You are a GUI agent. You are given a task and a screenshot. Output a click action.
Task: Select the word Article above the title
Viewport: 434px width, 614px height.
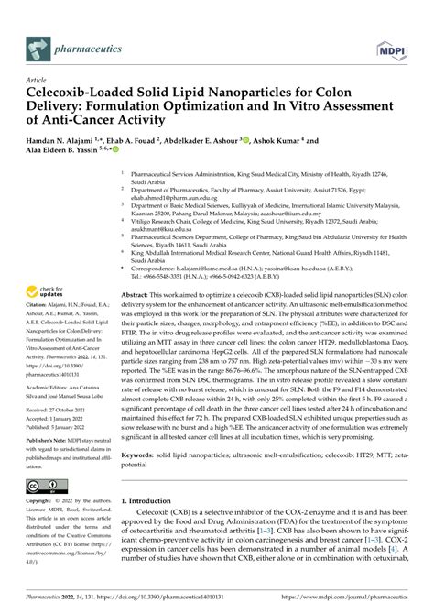point(41,80)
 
